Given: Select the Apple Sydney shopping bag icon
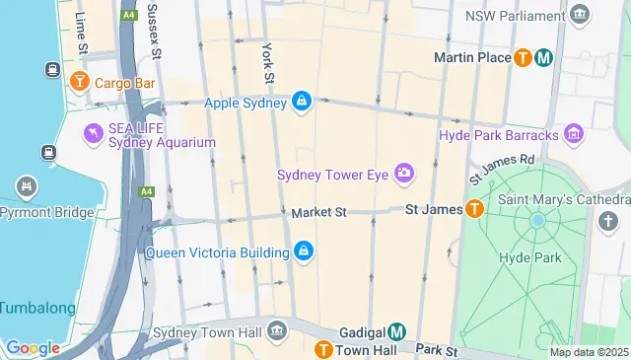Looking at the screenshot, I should click(x=302, y=102).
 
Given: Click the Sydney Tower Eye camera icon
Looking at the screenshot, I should click(x=403, y=175).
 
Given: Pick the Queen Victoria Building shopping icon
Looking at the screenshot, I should click(x=304, y=252).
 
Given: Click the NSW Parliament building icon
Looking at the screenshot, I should click(x=580, y=14).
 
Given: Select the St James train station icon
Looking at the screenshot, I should click(x=474, y=209).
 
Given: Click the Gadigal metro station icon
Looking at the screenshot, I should click(x=396, y=332).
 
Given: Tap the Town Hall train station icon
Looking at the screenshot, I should click(x=322, y=350).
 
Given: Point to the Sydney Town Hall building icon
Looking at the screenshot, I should click(x=278, y=328).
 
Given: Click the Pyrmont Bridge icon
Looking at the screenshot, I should click(x=27, y=185).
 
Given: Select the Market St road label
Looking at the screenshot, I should click(x=319, y=212).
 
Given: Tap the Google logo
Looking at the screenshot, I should click(x=33, y=348).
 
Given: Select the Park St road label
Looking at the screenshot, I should click(x=437, y=350).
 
